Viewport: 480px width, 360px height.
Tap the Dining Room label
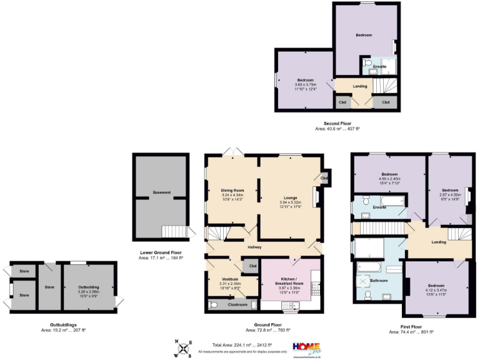[232, 190]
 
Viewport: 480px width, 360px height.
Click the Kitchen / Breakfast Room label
[289, 281]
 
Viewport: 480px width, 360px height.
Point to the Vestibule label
[231, 279]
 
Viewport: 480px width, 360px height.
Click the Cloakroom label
[236, 305]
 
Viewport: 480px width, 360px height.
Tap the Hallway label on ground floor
[254, 247]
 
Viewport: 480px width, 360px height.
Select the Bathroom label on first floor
[379, 281]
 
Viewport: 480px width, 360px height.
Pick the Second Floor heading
[337, 124]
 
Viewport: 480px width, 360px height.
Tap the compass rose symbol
[183, 348]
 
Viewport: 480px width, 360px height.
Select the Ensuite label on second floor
[379, 66]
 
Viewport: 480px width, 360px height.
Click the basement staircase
[174, 232]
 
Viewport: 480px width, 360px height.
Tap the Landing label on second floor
[360, 86]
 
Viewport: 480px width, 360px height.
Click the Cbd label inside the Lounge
[324, 179]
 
